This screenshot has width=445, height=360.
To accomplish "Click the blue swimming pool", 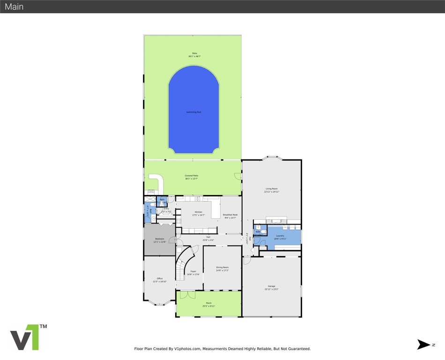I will (193, 110).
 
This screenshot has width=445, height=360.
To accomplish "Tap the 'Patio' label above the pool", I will (194, 53).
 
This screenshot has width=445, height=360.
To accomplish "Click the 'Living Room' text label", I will (272, 188).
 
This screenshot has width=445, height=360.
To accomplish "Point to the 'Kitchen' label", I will (199, 212).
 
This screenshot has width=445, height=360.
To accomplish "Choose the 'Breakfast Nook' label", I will (230, 214).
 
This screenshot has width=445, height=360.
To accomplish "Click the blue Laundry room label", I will (280, 236).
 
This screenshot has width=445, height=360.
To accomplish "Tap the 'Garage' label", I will (272, 286).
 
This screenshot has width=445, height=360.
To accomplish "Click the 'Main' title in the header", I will (14, 7).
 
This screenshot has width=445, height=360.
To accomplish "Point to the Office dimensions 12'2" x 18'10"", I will (160, 282).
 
